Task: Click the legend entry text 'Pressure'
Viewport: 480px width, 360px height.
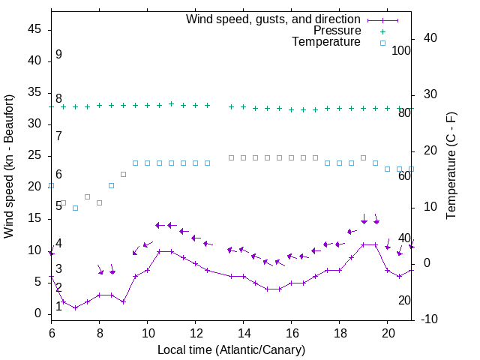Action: [337, 31]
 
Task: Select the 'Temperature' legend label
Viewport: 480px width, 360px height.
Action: [326, 42]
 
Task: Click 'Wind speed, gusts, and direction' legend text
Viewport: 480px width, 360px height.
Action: [273, 19]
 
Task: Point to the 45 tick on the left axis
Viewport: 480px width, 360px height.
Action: [35, 29]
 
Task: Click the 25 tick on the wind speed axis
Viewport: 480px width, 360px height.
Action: [35, 155]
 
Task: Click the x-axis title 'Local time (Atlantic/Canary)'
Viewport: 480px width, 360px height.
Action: [232, 349]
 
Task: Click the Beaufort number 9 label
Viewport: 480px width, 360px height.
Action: [58, 55]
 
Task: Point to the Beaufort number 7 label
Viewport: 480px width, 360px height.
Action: [58, 136]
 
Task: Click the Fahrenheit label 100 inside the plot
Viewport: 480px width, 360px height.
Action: [401, 50]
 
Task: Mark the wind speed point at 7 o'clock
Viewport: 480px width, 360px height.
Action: [76, 307]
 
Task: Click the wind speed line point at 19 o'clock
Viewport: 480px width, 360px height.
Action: [364, 244]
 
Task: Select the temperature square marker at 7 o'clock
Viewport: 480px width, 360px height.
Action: [76, 208]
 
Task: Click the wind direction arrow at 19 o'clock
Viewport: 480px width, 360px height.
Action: [364, 220]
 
